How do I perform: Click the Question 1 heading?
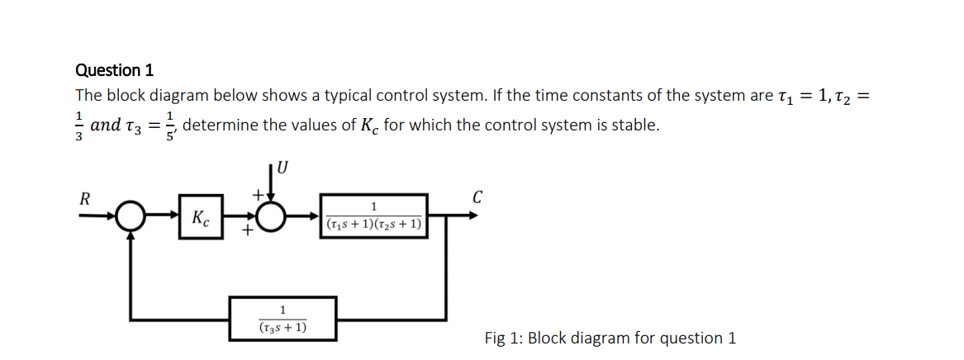tap(114, 70)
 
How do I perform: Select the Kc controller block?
tap(201, 219)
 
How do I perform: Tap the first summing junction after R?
tap(130, 219)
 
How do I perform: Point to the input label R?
tap(84, 199)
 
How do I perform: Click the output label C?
tap(477, 197)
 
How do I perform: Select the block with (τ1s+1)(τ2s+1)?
tap(374, 216)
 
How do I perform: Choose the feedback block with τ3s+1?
tap(283, 319)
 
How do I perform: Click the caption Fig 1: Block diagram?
tap(610, 338)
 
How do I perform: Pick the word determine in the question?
tap(221, 126)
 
